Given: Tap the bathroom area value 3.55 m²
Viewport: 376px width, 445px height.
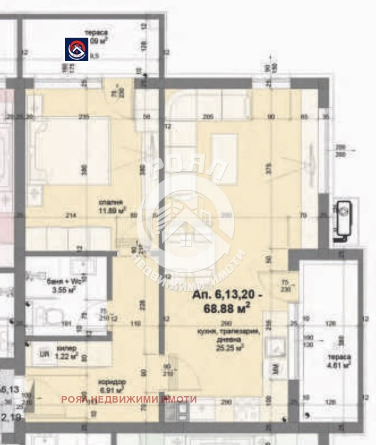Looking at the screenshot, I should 63,290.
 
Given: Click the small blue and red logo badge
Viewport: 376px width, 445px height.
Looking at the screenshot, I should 77,49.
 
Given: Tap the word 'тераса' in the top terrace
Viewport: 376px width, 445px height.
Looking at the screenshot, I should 96,33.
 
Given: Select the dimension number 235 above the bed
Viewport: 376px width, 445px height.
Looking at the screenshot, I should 85,117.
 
